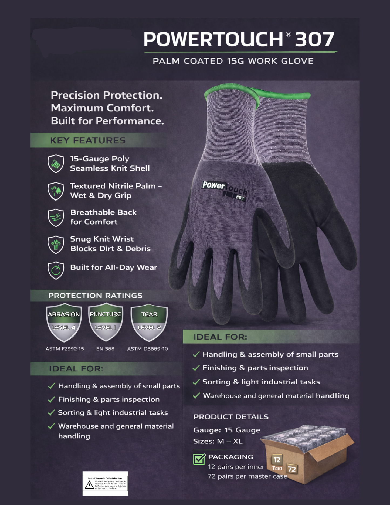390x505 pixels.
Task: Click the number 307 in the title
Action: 314,39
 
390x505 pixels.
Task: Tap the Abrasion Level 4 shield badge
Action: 64,323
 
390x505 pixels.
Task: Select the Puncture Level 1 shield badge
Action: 105,323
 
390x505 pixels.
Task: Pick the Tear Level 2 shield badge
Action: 149,323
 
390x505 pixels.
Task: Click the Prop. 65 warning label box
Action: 105,483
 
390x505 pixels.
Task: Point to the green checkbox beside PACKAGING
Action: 199,459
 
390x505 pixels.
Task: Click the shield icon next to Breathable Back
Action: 56,217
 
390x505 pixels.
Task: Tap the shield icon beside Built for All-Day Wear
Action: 56,270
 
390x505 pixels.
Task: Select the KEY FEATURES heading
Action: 88,140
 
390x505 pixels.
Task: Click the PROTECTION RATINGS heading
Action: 95,296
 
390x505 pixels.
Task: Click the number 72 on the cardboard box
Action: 292,469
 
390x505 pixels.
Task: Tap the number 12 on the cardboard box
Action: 277,460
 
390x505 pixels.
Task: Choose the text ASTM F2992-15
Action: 65,349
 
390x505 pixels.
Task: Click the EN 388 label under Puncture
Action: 105,349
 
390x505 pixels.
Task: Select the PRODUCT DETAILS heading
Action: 231,417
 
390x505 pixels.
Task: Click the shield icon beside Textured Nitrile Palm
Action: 56,191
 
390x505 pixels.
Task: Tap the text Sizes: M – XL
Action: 218,441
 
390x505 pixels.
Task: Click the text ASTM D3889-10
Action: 148,349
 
